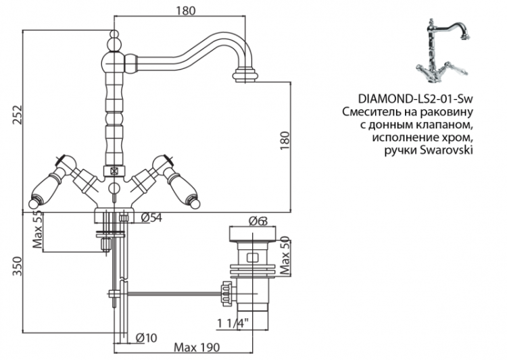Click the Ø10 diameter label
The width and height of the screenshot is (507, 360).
(146, 337)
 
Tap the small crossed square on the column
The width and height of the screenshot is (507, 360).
(115, 171)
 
